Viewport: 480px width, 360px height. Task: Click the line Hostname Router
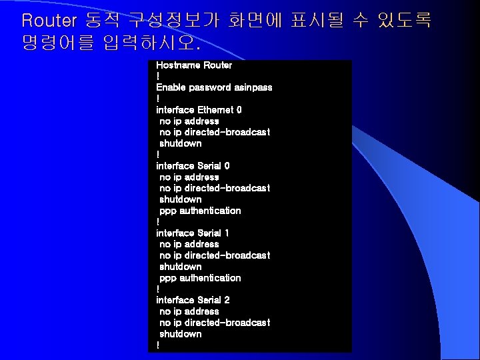[x=194, y=65]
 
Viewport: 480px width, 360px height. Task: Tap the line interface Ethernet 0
[x=199, y=110]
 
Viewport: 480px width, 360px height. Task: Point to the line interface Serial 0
[x=193, y=166]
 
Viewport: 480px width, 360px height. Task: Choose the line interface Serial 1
[x=193, y=233]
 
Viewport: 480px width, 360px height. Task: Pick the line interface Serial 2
[x=193, y=301]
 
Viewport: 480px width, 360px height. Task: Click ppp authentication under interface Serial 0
[x=200, y=211]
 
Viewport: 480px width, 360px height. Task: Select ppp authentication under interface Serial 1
[x=200, y=278]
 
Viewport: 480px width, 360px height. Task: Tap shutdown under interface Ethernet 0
[x=180, y=143]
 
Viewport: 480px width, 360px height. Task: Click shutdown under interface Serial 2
[x=180, y=334]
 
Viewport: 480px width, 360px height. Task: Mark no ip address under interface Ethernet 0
[x=189, y=121]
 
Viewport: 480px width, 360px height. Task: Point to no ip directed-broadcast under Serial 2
[x=215, y=323]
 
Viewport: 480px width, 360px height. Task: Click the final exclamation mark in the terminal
[x=158, y=345]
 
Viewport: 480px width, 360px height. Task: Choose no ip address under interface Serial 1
[x=189, y=245]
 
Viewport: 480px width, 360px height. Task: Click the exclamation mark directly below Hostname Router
[x=158, y=77]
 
